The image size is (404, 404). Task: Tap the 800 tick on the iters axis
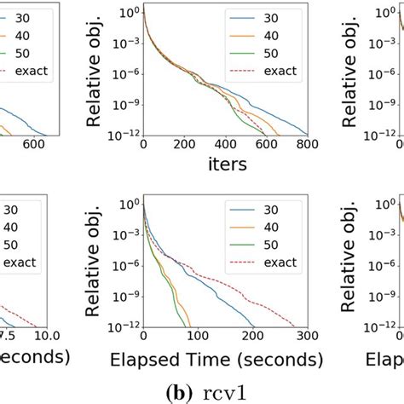pyautogui.click(x=307, y=146)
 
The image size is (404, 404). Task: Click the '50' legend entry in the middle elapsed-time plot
pyautogui.click(x=268, y=244)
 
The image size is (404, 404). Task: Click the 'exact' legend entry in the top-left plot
pyautogui.click(x=32, y=70)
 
